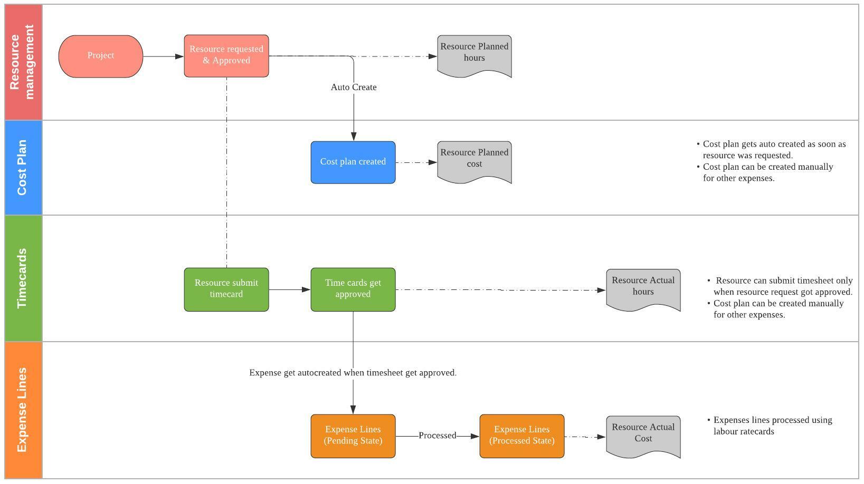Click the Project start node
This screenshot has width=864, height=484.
(100, 56)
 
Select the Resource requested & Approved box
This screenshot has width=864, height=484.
(226, 56)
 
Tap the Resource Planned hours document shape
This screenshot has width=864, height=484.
(474, 55)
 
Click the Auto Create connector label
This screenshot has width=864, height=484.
(354, 87)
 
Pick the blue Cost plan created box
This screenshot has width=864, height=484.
(353, 162)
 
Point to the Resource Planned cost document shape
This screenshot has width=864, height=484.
(474, 161)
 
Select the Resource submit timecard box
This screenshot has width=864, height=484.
(226, 289)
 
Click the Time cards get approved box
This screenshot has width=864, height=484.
(353, 289)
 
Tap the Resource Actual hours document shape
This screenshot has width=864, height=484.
(643, 289)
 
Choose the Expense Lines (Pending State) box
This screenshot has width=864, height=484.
(353, 436)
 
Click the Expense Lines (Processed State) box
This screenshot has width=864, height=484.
(521, 436)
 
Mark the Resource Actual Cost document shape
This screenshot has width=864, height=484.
(643, 435)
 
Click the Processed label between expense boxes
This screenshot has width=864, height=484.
(437, 435)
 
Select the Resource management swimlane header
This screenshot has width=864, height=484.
(23, 62)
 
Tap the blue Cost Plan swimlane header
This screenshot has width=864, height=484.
(23, 168)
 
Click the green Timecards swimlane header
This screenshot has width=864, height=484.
(23, 278)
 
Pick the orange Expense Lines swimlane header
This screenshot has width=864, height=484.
(23, 410)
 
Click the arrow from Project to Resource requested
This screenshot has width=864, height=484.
(163, 56)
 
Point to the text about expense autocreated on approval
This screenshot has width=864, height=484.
(353, 373)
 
